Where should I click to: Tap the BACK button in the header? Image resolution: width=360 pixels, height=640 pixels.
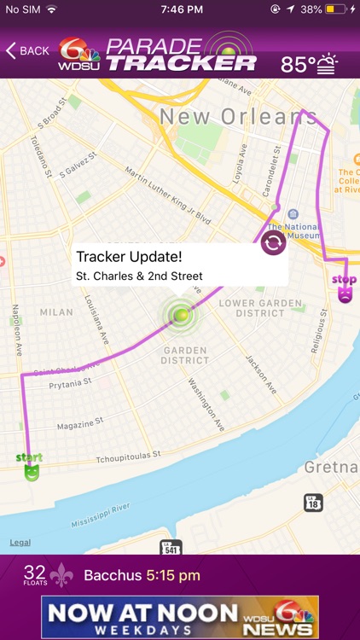click(x=27, y=50)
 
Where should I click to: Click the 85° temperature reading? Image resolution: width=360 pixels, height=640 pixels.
click(x=298, y=64)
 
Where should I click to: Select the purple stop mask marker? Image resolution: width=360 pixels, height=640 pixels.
click(x=345, y=289)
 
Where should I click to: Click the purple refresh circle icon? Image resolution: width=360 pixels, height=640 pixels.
click(x=274, y=243)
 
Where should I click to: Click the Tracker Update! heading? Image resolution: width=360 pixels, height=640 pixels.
click(x=128, y=256)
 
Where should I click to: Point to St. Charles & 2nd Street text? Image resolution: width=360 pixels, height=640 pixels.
click(x=139, y=276)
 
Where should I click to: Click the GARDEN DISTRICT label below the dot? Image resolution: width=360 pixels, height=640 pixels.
click(x=185, y=354)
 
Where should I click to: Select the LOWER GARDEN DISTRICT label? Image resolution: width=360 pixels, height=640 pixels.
click(x=260, y=308)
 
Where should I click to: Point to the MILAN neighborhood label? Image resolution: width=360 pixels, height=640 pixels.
click(x=56, y=312)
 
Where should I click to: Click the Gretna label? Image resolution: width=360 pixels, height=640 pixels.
click(x=332, y=467)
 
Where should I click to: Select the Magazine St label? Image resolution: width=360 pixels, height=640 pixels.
click(x=80, y=424)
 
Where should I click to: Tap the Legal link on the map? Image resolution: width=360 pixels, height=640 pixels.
click(x=20, y=543)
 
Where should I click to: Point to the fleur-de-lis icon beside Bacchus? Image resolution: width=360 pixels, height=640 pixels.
click(x=61, y=576)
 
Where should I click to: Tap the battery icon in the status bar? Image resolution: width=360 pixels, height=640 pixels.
click(x=334, y=9)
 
